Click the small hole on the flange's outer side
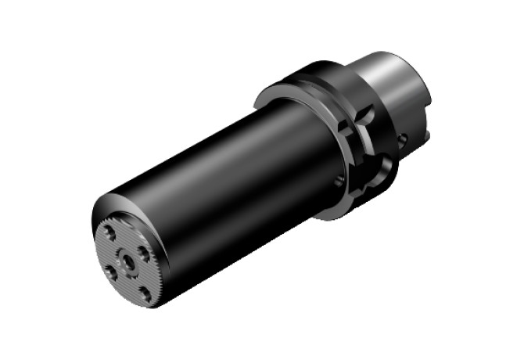[x=401, y=139]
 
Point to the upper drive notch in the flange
[x=361, y=117]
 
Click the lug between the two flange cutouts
[x=368, y=145]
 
